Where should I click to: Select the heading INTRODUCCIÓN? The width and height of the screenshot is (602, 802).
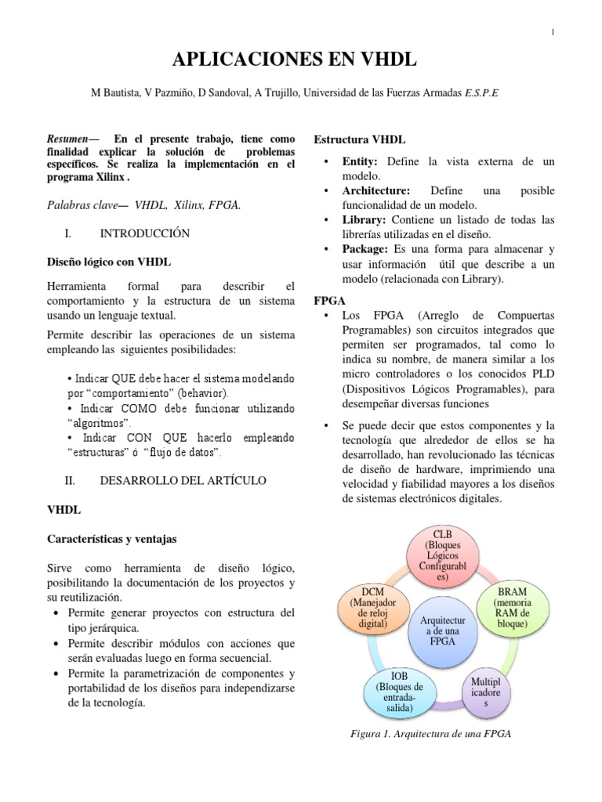click(145, 233)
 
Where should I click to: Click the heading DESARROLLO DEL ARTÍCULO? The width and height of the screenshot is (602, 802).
click(183, 479)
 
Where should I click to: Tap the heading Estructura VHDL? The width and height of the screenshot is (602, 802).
click(360, 140)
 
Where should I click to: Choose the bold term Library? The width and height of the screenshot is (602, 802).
click(364, 220)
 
